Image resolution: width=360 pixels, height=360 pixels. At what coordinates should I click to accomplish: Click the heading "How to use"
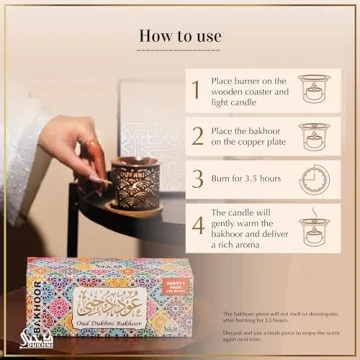tap(180, 37)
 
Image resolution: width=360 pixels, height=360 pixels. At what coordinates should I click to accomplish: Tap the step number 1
tap(195, 90)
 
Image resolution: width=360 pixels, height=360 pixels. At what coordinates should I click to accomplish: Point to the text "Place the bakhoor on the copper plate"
tap(249, 136)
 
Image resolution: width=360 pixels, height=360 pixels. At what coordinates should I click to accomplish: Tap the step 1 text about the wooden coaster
tap(249, 90)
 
